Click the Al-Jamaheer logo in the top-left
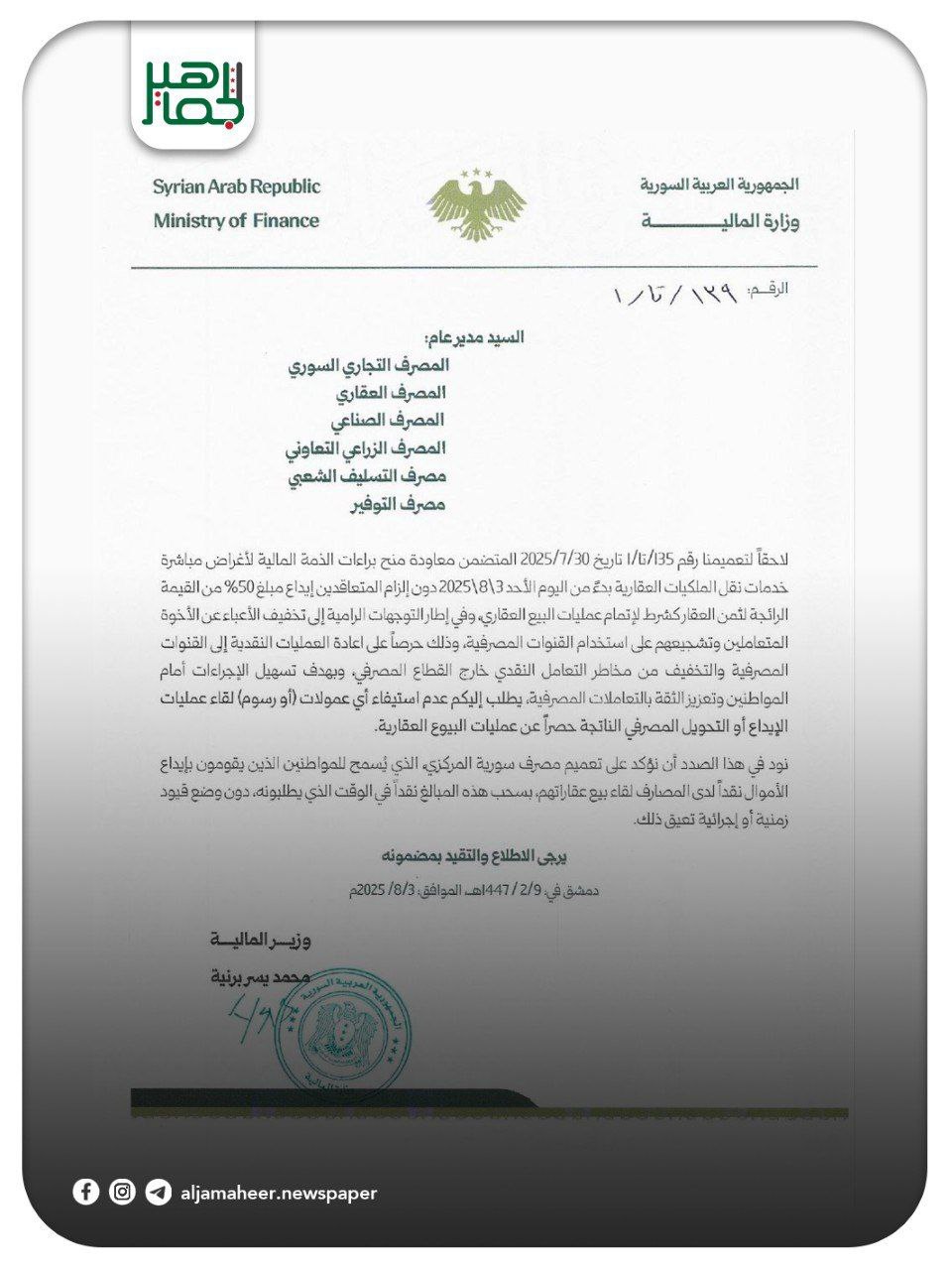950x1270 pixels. [x=192, y=92]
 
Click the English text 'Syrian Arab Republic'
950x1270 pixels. [x=236, y=187]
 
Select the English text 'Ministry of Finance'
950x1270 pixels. [x=236, y=221]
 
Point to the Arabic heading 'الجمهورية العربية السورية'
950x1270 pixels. [x=719, y=186]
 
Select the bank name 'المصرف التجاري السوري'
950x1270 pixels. [x=368, y=365]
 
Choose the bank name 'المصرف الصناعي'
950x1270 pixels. [x=395, y=421]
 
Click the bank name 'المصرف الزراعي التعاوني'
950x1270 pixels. [x=365, y=448]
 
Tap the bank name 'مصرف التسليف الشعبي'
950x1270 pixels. [x=367, y=476]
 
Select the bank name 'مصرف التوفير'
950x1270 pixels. [x=397, y=504]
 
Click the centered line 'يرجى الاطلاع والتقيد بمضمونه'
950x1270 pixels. [x=474, y=855]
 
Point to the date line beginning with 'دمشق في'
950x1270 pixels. [x=473, y=890]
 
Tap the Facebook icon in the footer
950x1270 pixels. [x=86, y=1192]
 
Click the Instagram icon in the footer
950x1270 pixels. [x=122, y=1192]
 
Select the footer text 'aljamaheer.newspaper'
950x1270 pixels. [x=279, y=1193]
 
